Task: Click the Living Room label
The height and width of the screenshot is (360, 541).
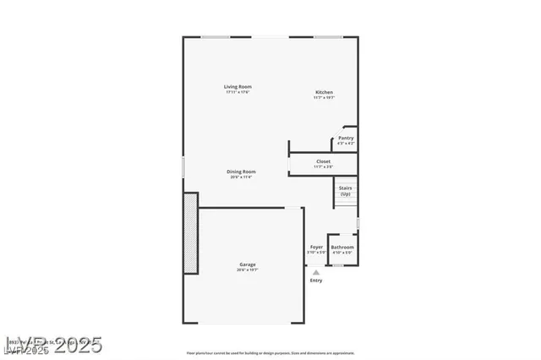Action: (x=238, y=86)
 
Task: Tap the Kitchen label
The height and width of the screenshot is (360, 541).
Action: (x=324, y=92)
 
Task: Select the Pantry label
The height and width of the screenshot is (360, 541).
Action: (x=346, y=138)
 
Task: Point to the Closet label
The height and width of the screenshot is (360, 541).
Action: (x=323, y=161)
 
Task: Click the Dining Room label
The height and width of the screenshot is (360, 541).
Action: (x=241, y=172)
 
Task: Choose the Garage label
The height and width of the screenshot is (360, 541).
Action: (x=247, y=265)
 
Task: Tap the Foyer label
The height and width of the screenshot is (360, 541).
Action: (x=316, y=247)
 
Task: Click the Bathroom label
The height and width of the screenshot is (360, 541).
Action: (x=342, y=247)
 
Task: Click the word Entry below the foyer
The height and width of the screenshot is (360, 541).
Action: (x=315, y=281)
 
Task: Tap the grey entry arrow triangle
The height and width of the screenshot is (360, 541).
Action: (x=315, y=272)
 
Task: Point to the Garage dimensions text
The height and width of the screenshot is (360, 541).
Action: (x=247, y=270)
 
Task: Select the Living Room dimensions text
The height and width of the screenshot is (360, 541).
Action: (x=238, y=92)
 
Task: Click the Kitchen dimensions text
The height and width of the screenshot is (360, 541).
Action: (x=324, y=98)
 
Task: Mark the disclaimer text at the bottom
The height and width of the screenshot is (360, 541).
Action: (x=270, y=353)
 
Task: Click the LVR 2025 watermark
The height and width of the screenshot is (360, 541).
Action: (x=52, y=345)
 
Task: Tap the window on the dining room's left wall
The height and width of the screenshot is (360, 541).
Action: (x=183, y=166)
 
